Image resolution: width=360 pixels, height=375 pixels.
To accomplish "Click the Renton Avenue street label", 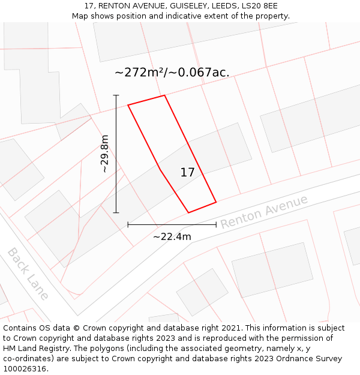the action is (x=264, y=211).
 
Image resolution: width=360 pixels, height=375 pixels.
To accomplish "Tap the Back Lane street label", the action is (x=28, y=274).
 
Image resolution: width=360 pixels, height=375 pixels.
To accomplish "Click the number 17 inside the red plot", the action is (x=187, y=172).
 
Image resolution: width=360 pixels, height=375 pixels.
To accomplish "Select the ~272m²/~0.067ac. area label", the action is (x=172, y=73).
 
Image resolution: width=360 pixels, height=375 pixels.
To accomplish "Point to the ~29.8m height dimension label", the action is (x=104, y=154).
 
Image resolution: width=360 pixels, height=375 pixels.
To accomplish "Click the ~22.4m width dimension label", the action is (x=172, y=236).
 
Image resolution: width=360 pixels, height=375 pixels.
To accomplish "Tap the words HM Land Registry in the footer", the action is (x=34, y=349).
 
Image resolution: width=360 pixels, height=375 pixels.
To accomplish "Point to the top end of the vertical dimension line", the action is (x=116, y=95).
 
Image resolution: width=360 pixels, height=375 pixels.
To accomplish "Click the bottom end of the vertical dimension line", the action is (x=116, y=212).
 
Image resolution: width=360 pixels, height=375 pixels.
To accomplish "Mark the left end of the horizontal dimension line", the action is (x=128, y=224).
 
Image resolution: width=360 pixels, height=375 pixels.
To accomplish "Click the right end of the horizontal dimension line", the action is (x=216, y=224).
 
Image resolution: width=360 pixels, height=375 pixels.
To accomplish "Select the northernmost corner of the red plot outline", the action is (x=164, y=95).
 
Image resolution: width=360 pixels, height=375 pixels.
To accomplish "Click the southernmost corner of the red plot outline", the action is (x=189, y=212).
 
